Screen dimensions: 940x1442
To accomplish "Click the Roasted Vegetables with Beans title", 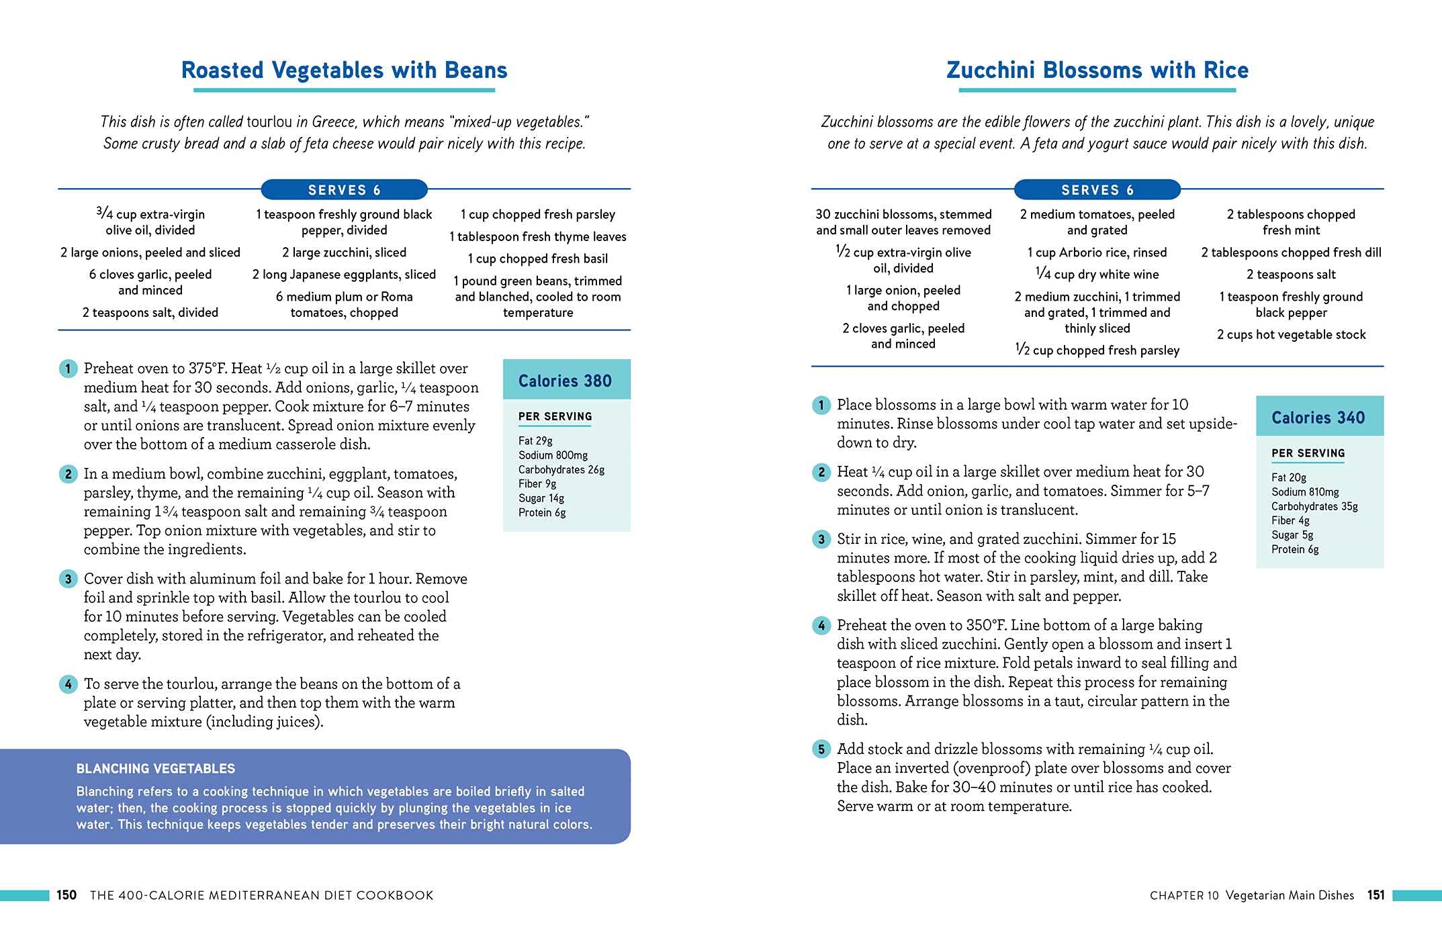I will click(344, 70).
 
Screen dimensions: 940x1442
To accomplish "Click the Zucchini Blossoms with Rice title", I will click(1097, 70).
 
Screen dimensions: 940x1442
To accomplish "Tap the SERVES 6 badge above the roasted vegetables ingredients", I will click(344, 190).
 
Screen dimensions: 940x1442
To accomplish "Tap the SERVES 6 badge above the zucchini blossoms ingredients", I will click(1097, 190).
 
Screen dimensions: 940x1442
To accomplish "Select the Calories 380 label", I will click(565, 381).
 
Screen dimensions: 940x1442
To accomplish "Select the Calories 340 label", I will click(1318, 418).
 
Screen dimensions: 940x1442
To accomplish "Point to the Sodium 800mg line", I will click(553, 455).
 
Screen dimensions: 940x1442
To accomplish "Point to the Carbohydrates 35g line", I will click(1314, 506).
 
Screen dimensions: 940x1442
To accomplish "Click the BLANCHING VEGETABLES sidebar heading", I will click(155, 769).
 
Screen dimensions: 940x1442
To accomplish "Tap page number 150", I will click(66, 895).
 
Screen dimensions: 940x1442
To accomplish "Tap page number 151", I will click(1376, 895).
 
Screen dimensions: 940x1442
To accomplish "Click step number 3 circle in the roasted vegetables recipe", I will click(68, 579).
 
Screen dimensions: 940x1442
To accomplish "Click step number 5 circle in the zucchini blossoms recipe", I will click(821, 749).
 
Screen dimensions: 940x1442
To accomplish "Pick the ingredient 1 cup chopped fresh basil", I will click(537, 258).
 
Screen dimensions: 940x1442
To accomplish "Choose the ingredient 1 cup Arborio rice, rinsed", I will click(1097, 252).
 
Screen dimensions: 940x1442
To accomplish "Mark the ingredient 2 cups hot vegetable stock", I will click(1291, 334).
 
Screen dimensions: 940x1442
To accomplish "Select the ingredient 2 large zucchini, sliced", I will click(344, 252).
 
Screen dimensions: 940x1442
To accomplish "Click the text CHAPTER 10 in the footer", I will click(1183, 895).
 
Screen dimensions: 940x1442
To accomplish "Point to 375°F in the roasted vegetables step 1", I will click(207, 369).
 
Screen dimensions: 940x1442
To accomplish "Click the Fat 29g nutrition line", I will click(535, 440).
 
